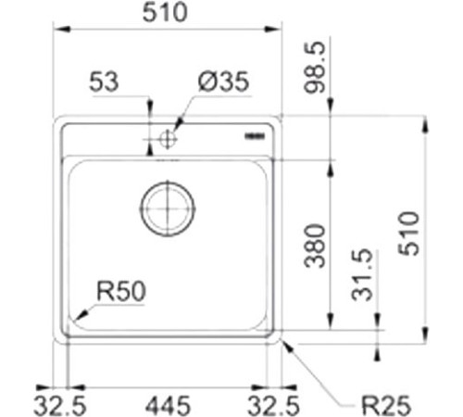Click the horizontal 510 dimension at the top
pos(167,12)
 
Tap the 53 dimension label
pos(105,82)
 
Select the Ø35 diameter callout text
pos(223,82)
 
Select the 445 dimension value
pos(168,404)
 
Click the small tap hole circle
pos(168,140)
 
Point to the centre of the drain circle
pos(168,208)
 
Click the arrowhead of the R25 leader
pos(284,344)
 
